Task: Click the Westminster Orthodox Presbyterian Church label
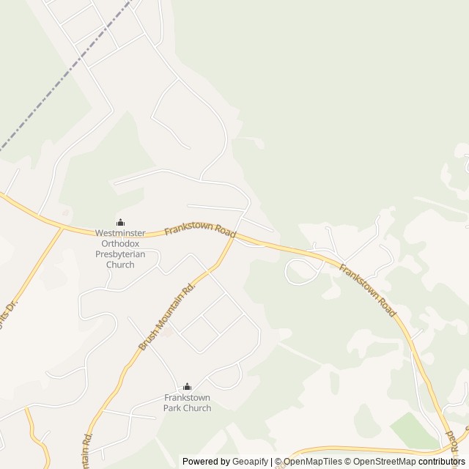[120, 248]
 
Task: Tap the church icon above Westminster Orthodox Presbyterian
[120, 223]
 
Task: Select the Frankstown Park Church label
[187, 403]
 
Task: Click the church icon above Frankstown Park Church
[187, 387]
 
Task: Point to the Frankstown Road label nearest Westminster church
[200, 230]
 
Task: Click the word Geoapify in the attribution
[250, 462]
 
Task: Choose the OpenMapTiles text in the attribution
[313, 462]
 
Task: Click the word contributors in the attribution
[441, 462]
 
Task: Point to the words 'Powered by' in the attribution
[206, 462]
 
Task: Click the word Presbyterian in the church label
[120, 254]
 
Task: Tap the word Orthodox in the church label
[120, 244]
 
